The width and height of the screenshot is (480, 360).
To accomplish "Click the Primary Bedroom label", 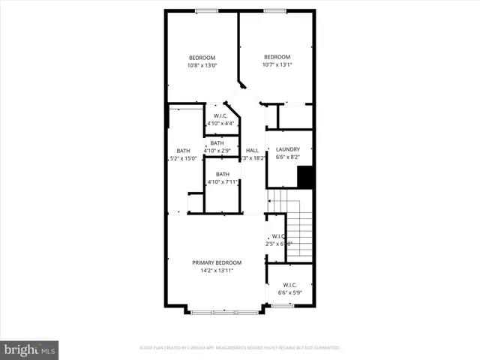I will pyautogui.click(x=217, y=262).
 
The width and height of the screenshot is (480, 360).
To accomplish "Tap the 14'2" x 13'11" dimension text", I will pyautogui.click(x=217, y=270).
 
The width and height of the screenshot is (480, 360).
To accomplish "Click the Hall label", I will pyautogui.click(x=252, y=151).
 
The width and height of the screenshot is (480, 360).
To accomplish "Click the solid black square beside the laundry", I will pyautogui.click(x=304, y=178).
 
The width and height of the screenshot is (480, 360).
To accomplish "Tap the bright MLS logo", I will pyautogui.click(x=29, y=349).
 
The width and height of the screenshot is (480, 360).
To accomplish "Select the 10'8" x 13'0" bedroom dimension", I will pyautogui.click(x=202, y=65).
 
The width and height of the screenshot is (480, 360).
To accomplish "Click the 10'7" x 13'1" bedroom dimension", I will pyautogui.click(x=277, y=64).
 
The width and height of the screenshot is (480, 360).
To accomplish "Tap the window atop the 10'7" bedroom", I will pyautogui.click(x=274, y=10).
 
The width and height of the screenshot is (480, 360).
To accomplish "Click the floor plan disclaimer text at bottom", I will pyautogui.click(x=240, y=348).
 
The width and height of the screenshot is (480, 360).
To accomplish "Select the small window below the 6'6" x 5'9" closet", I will pyautogui.click(x=281, y=305).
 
